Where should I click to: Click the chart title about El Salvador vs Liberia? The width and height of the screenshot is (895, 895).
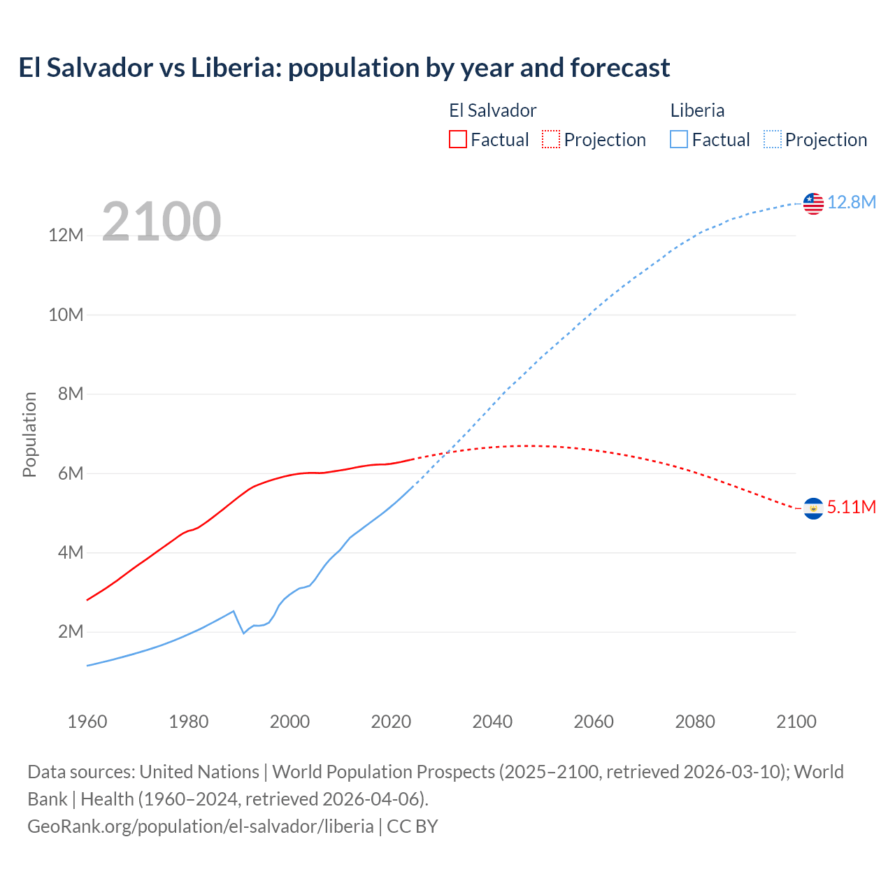tap(344, 68)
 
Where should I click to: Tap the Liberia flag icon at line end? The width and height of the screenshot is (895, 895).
tap(813, 203)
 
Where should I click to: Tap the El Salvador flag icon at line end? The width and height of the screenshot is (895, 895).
tap(813, 508)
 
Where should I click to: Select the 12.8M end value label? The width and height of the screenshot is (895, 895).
tap(851, 202)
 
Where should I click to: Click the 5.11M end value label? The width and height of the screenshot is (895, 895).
tap(851, 507)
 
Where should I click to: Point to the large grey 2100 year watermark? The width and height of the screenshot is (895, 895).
tap(162, 222)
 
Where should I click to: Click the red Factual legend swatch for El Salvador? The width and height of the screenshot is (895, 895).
tap(457, 139)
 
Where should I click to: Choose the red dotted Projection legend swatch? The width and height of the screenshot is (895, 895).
tap(551, 139)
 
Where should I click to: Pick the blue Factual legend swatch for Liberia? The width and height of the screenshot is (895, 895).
tap(679, 139)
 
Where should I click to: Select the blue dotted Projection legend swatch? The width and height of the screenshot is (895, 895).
tap(773, 139)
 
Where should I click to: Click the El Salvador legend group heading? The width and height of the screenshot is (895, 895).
tap(492, 110)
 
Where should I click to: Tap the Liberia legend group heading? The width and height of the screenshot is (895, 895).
tap(697, 110)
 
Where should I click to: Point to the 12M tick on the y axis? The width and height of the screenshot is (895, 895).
tap(66, 236)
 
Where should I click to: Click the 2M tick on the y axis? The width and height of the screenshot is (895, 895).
tap(71, 632)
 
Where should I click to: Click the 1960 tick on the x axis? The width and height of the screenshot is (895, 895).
tap(87, 722)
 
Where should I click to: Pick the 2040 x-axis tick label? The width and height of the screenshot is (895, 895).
tap(492, 722)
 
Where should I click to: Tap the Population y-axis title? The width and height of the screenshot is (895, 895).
tap(29, 434)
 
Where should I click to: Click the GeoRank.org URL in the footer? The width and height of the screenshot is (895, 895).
tap(201, 826)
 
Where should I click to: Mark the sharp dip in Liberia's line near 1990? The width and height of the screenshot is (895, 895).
tap(243, 633)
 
